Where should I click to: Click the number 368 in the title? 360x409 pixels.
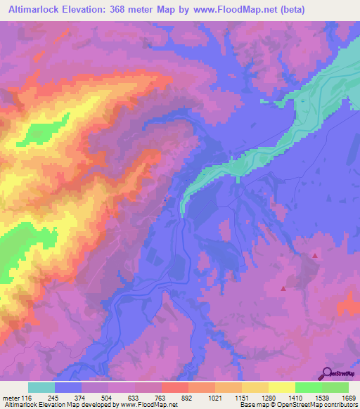click(131, 10)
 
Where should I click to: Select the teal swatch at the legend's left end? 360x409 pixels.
click(41, 387)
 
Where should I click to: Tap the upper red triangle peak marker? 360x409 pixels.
click(315, 256)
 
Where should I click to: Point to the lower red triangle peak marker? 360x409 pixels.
click(283, 287)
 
